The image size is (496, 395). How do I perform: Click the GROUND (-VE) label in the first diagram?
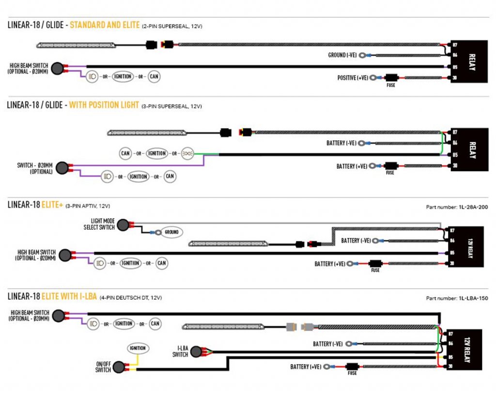[342, 55]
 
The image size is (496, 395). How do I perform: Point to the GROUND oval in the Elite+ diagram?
[171, 232]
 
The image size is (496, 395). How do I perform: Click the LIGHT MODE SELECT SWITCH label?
[99, 224]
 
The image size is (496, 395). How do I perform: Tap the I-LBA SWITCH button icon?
[196, 351]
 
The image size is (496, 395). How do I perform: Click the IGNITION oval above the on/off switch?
[139, 348]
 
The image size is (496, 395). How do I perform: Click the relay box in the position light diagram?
[469, 149]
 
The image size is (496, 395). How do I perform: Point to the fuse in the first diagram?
[390, 77]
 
